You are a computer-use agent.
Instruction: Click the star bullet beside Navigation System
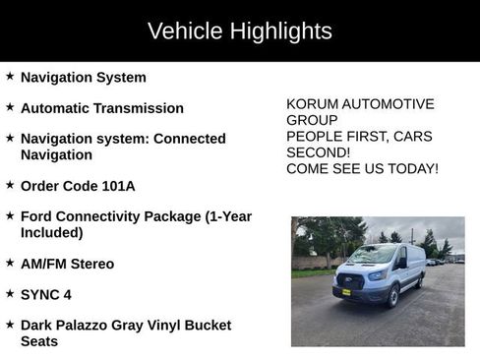(x=10, y=76)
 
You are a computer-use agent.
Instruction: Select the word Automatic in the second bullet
(x=57, y=108)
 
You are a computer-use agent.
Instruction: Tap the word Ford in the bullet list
(x=36, y=216)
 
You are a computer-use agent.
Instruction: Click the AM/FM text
(x=44, y=264)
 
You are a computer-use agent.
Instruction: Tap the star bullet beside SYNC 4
(x=10, y=293)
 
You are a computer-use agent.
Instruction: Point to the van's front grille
(x=348, y=280)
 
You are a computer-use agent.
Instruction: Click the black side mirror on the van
(x=402, y=263)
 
